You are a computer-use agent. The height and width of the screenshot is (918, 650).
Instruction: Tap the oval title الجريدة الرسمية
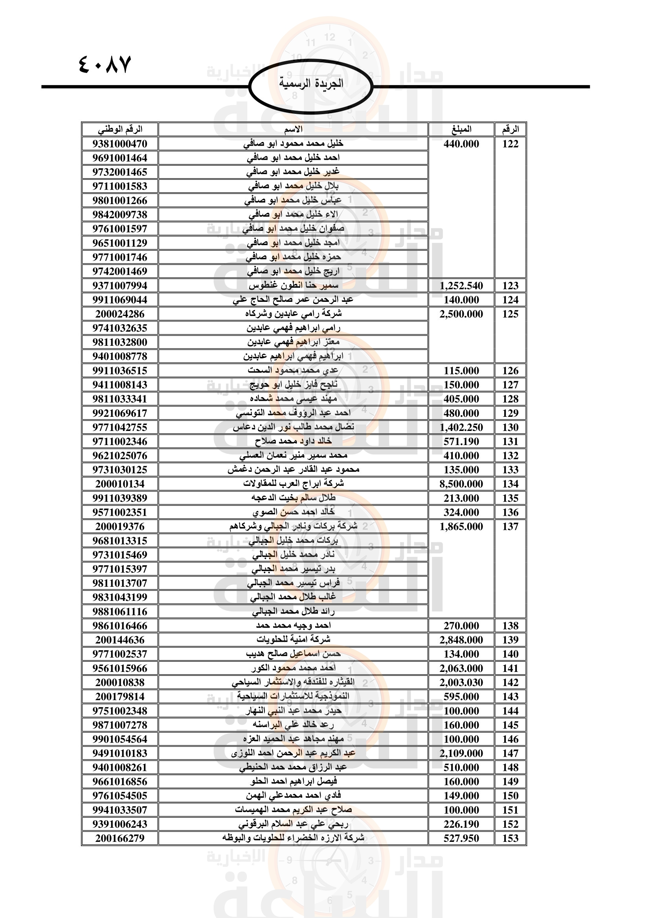click(310, 84)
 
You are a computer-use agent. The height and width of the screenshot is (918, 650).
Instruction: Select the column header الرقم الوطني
click(120, 130)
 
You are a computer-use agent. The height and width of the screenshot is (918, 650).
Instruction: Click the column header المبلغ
click(461, 130)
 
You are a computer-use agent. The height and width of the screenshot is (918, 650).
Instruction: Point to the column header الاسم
click(293, 130)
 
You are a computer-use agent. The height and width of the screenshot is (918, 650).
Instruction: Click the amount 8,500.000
click(461, 484)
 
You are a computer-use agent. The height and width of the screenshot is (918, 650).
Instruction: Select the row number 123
click(510, 286)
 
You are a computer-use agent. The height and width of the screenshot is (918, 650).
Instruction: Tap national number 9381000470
click(120, 144)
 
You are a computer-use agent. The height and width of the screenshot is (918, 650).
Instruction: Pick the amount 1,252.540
click(461, 286)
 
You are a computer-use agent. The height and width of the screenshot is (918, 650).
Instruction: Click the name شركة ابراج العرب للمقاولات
click(293, 484)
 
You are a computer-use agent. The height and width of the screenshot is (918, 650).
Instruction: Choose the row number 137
click(510, 527)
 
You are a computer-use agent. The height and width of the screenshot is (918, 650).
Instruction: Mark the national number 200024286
click(120, 314)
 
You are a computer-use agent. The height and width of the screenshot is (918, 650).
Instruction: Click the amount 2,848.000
click(461, 640)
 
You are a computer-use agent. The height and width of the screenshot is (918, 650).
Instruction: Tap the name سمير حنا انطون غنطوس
click(293, 285)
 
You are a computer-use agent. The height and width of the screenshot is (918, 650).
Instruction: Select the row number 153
click(510, 838)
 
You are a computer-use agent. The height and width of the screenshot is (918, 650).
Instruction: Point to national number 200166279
click(120, 838)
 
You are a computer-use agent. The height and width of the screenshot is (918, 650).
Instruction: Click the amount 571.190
click(461, 442)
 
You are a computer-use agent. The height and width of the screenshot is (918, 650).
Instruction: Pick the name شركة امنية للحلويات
click(293, 640)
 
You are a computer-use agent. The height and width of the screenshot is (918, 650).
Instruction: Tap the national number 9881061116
click(120, 612)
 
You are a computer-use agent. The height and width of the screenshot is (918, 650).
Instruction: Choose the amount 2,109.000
click(461, 753)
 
